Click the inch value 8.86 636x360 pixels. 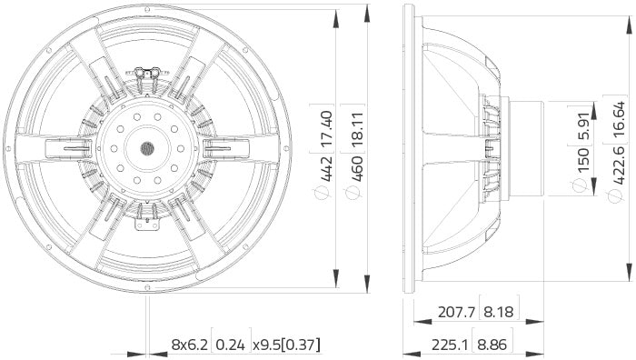[501, 345]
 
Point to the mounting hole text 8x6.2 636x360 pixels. [189, 345]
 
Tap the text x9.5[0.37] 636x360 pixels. [286, 345]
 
